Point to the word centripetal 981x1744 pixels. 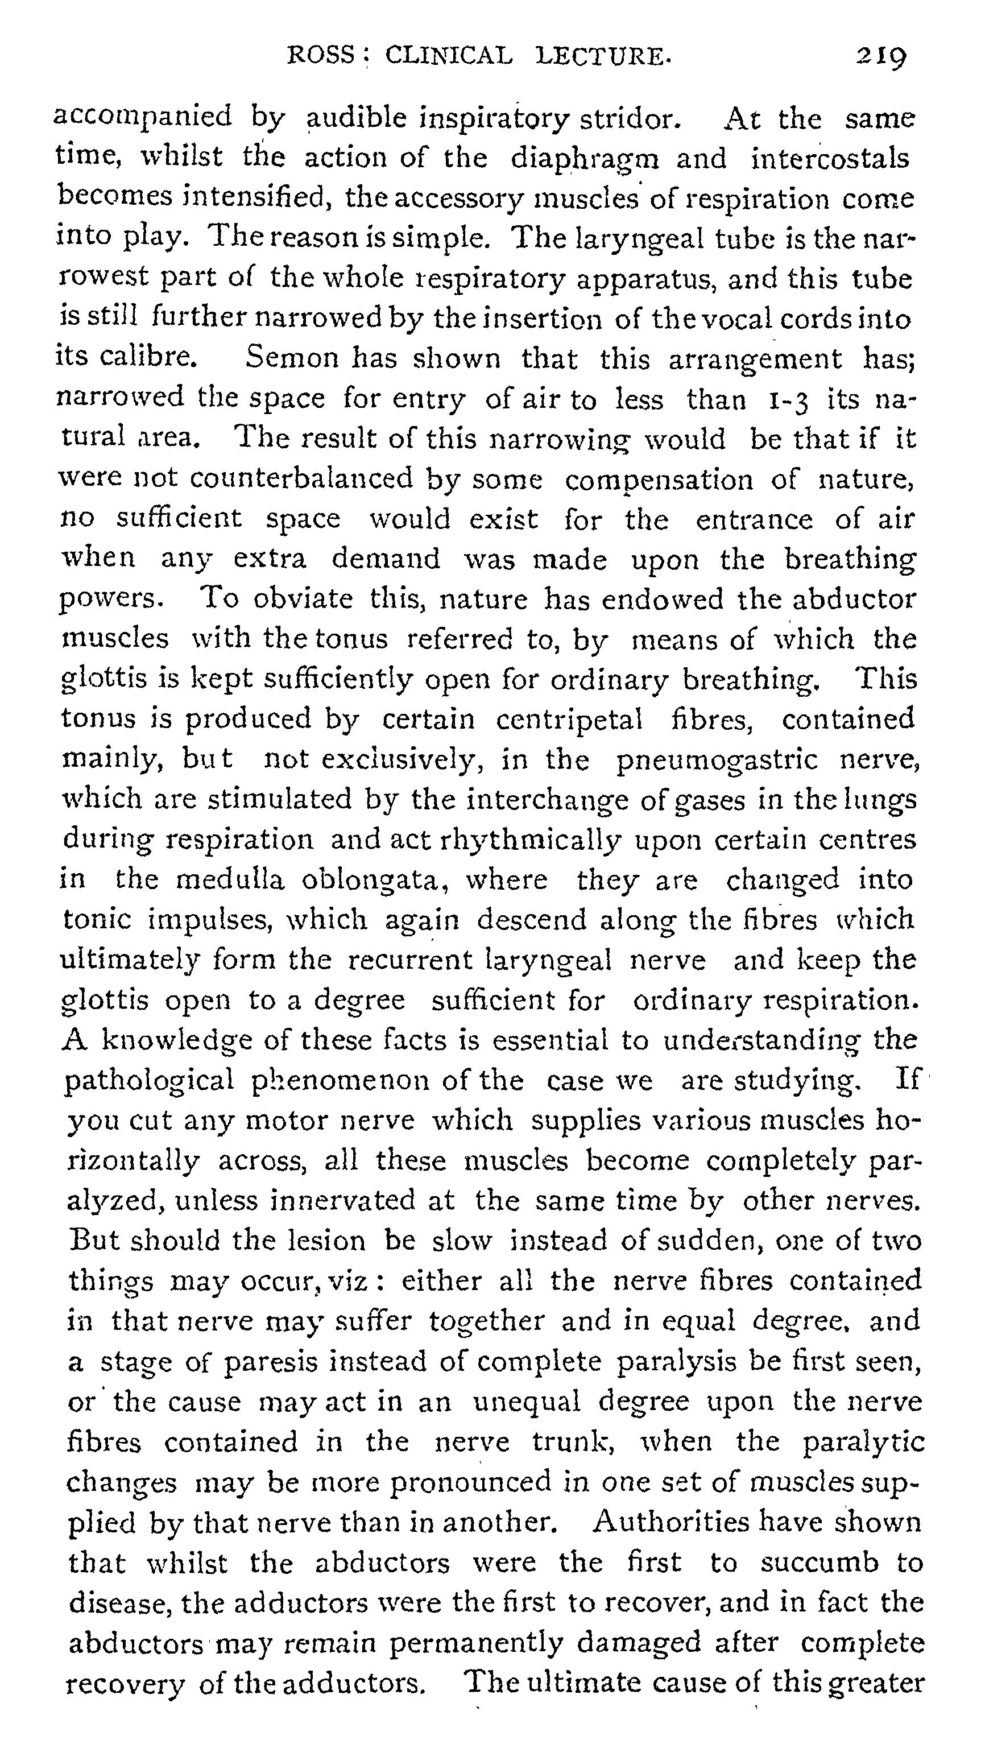pos(569,719)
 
